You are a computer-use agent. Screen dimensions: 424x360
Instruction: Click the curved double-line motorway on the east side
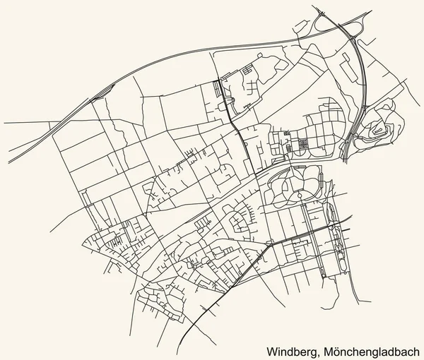click(361, 85)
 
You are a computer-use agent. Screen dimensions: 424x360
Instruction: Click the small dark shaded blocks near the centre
click(302, 143)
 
